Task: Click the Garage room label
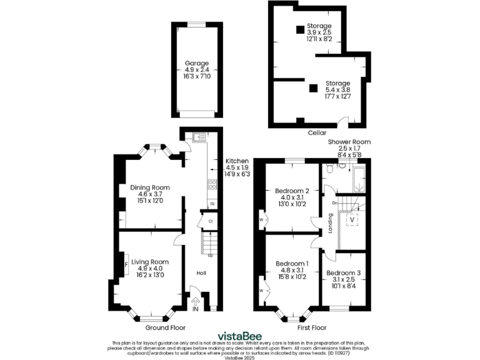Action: (x=196, y=63)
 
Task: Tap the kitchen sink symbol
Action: (x=199, y=136)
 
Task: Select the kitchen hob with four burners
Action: (x=212, y=184)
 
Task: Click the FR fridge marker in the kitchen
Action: (x=212, y=204)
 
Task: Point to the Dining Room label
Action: (x=150, y=187)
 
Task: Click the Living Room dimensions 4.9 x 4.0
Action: (x=150, y=269)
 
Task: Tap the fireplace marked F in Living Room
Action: (x=126, y=265)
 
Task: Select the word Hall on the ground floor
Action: (x=202, y=273)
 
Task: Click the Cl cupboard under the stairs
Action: (x=211, y=221)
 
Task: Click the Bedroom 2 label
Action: (x=292, y=191)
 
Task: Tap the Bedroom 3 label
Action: (x=343, y=273)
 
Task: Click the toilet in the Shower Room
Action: (x=342, y=166)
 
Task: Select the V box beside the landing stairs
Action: (x=351, y=219)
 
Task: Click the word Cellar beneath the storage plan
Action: (x=317, y=132)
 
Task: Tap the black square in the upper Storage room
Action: (x=300, y=29)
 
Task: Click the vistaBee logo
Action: (x=239, y=335)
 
